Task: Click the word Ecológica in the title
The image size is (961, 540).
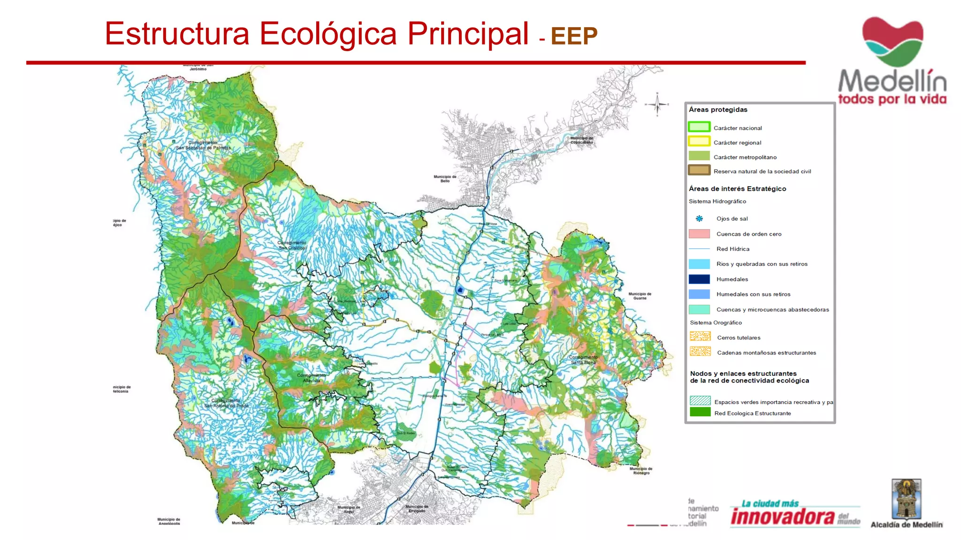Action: point(328,34)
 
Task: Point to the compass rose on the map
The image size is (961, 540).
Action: point(657,104)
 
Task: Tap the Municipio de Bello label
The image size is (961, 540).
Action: point(445,179)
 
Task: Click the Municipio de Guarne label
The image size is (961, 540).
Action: point(640,296)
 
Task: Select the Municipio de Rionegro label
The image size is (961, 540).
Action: point(641,471)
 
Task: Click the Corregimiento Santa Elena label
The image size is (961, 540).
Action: point(583,360)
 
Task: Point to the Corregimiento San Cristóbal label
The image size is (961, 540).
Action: point(292,245)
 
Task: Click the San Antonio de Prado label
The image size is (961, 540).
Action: point(226,403)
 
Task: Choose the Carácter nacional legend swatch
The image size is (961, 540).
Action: point(699,127)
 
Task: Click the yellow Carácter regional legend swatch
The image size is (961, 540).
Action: point(699,142)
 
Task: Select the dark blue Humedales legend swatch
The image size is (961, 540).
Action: point(699,279)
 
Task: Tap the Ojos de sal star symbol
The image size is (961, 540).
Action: point(699,218)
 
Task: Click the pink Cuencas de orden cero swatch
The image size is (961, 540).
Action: point(699,233)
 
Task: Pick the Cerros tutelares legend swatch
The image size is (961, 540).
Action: point(700,337)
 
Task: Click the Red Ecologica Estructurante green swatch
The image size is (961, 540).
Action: point(700,412)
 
